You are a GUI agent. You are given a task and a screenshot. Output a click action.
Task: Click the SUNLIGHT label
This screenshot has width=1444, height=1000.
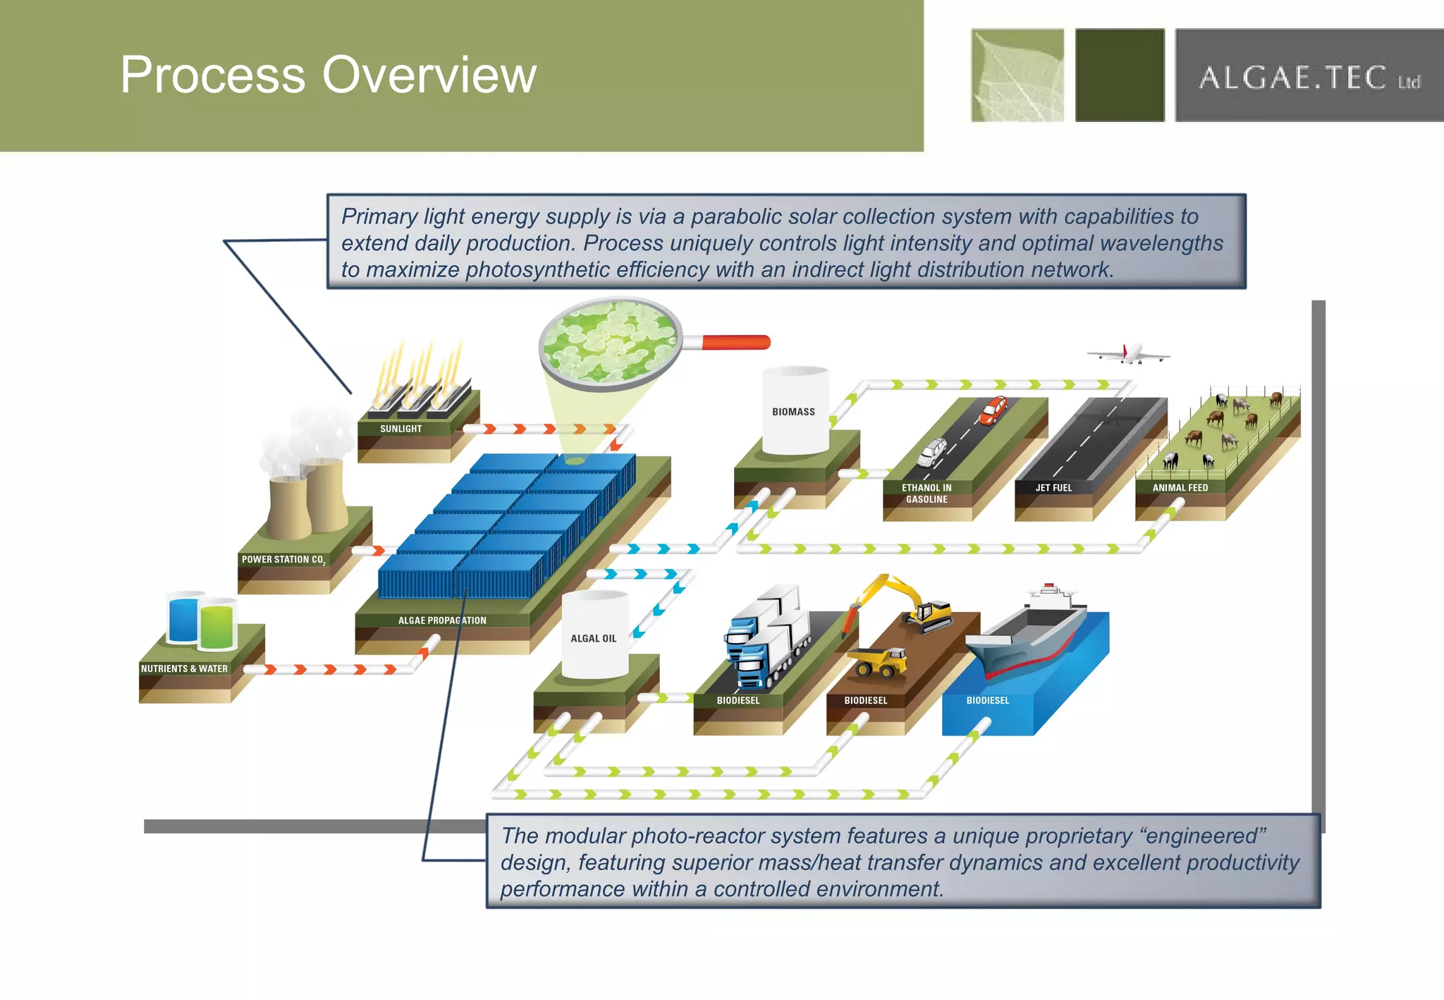pyautogui.click(x=400, y=429)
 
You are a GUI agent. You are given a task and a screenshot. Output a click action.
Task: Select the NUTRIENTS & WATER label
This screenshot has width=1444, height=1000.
pyautogui.click(x=184, y=669)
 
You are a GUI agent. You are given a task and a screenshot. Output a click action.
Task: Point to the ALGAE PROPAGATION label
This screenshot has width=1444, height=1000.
pyautogui.click(x=442, y=621)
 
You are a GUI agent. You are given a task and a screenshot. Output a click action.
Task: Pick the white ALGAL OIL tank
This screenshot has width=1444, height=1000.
pyautogui.click(x=594, y=637)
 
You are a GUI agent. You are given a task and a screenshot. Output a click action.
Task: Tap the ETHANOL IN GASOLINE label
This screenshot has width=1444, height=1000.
pyautogui.click(x=926, y=493)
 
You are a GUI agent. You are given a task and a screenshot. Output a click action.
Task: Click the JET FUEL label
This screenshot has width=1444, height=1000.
pyautogui.click(x=1053, y=487)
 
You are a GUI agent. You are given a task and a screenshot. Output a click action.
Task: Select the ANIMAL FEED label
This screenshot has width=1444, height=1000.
pyautogui.click(x=1180, y=487)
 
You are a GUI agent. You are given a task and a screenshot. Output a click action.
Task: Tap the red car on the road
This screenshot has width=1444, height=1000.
pyautogui.click(x=993, y=410)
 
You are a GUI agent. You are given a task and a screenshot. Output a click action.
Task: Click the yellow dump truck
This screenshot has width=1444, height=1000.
pyautogui.click(x=879, y=661)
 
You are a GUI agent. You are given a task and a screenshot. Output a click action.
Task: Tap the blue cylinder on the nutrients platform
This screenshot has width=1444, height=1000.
pyautogui.click(x=183, y=619)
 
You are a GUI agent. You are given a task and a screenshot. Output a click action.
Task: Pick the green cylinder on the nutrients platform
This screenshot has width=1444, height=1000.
pyautogui.click(x=217, y=625)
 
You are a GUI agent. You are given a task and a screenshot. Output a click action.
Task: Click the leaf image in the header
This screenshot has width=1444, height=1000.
pyautogui.click(x=1017, y=75)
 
